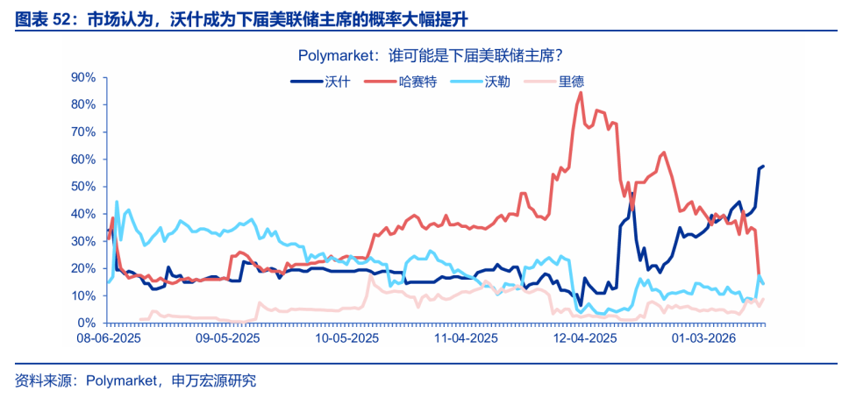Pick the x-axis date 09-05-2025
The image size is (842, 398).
(x=227, y=338)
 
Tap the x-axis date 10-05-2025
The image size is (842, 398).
(x=346, y=338)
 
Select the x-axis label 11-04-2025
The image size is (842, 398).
(x=466, y=338)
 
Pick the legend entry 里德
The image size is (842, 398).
(x=571, y=82)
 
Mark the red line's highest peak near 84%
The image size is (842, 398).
(x=581, y=92)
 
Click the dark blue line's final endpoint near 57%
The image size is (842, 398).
(x=763, y=166)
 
